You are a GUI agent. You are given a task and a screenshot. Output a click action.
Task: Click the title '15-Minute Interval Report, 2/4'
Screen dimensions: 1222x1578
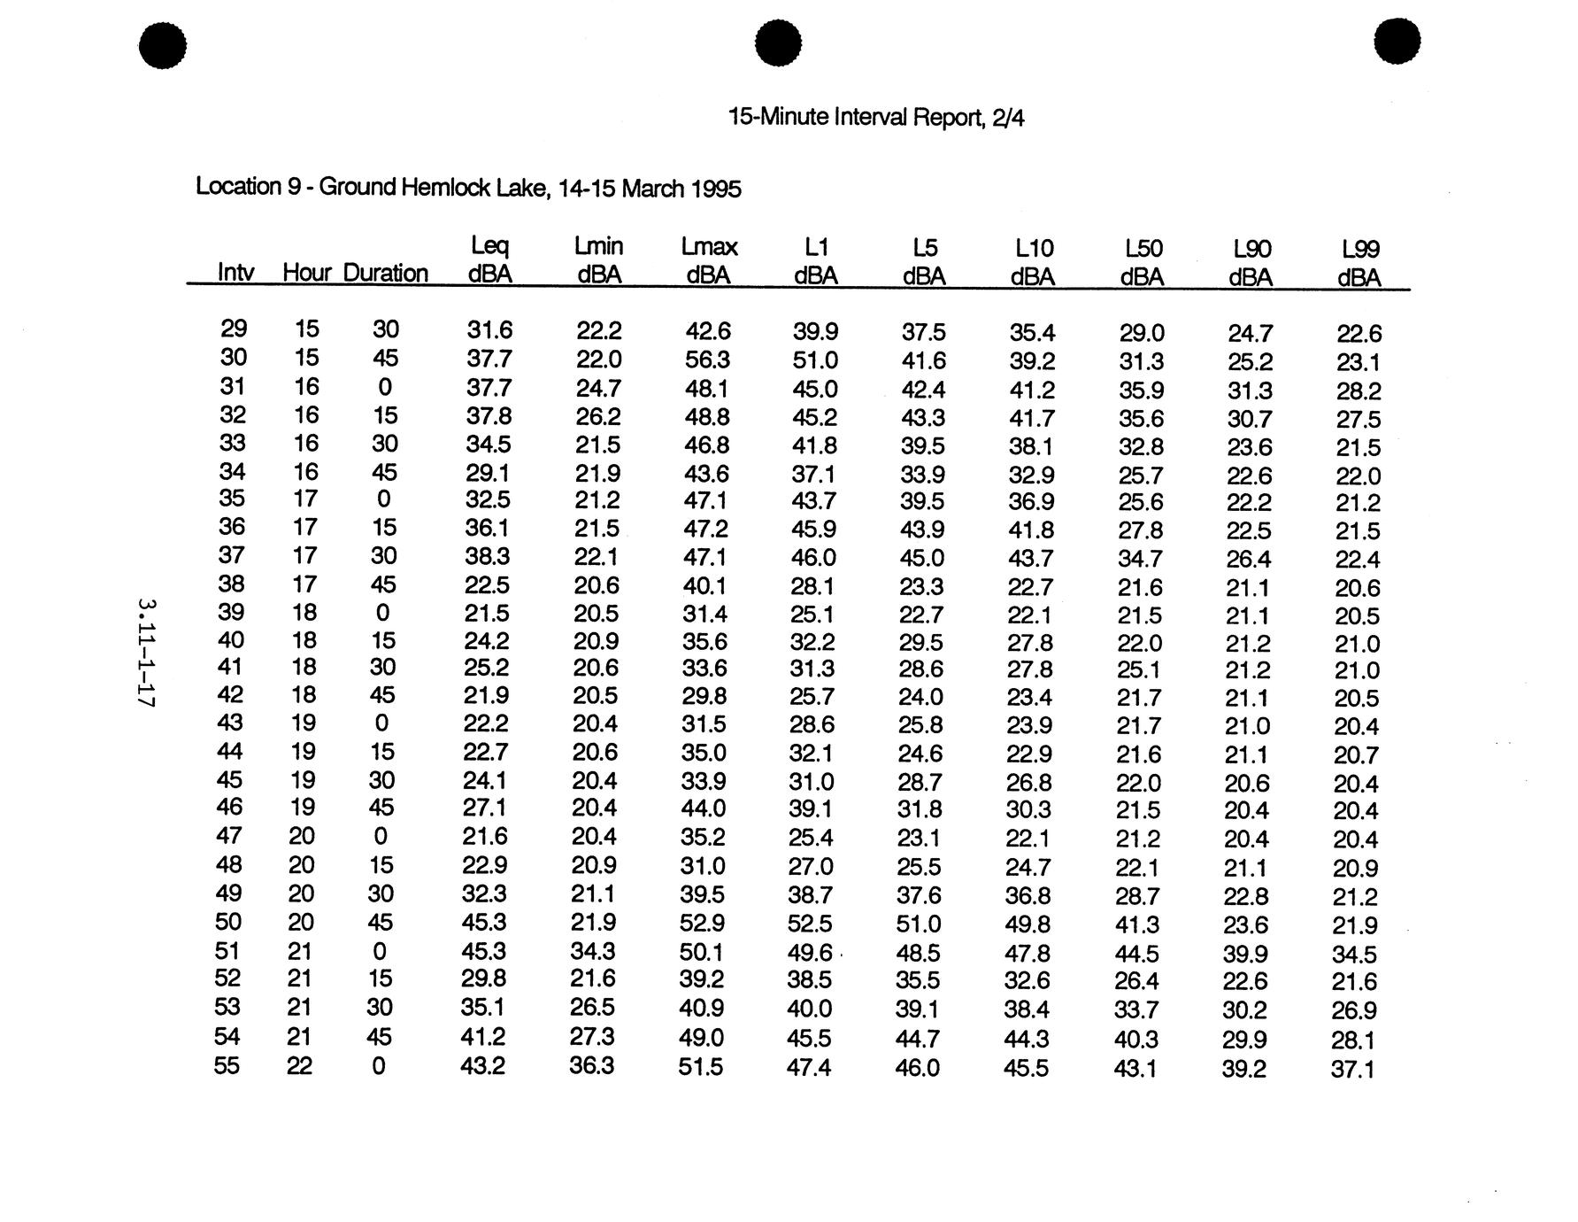click(875, 117)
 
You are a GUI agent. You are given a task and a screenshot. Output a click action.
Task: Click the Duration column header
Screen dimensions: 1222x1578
click(385, 273)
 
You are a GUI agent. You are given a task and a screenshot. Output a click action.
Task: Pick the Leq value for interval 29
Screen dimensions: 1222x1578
click(489, 330)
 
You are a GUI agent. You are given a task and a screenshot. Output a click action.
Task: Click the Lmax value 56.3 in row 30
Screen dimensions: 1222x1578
click(707, 360)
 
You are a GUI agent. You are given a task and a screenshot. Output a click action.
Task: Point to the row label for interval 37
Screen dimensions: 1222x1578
click(232, 556)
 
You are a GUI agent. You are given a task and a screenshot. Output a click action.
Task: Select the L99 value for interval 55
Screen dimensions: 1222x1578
click(1352, 1070)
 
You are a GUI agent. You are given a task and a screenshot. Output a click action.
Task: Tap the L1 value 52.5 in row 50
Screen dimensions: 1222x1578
click(810, 924)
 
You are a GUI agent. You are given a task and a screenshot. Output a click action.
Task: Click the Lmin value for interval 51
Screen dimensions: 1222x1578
click(594, 952)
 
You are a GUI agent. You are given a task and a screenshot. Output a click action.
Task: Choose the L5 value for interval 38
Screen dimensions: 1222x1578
click(921, 587)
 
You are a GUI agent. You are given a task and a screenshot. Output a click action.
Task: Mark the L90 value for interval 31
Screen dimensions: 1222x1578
click(1249, 391)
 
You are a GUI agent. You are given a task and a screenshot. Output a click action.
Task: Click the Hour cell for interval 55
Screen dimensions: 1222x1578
click(299, 1065)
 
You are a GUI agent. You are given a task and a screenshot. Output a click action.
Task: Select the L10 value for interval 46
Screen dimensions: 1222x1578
click(1028, 810)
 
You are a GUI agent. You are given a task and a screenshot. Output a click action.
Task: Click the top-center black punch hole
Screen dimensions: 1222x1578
click(779, 43)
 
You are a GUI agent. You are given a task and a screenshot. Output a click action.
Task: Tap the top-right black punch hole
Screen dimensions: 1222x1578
click(1397, 42)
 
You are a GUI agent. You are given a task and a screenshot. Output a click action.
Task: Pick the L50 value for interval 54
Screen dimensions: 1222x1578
click(1137, 1039)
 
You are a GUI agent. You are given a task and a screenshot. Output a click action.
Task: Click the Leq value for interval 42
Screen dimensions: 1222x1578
click(486, 696)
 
